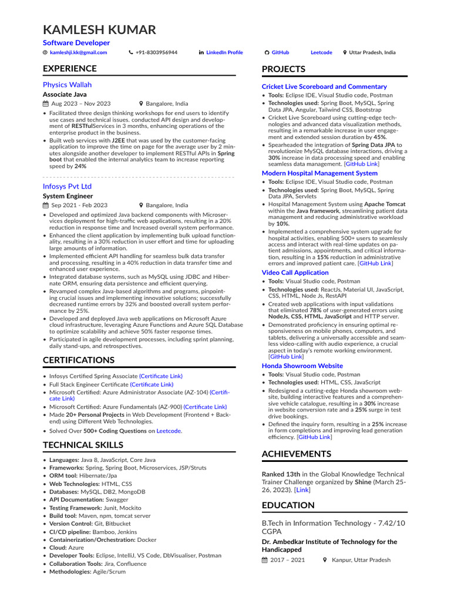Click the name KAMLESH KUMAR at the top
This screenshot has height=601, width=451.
point(100,30)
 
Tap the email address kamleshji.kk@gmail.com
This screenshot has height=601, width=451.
point(78,52)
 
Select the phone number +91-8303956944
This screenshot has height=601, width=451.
point(156,52)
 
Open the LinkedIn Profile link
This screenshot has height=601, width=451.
point(224,52)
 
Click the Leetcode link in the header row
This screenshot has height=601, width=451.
point(321,52)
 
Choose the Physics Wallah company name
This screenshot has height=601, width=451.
point(67,85)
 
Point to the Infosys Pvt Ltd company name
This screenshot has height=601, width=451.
point(67,186)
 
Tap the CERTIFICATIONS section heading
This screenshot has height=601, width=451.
point(79,360)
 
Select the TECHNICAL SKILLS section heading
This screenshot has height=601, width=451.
point(83,445)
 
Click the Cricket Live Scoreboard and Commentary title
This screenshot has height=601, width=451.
point(324,86)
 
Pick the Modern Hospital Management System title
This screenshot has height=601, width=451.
point(319,173)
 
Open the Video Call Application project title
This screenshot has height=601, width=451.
point(295,272)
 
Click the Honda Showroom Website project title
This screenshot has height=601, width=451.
point(302,366)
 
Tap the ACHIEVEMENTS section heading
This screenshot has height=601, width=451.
point(297,454)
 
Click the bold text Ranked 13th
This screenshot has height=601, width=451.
point(281,474)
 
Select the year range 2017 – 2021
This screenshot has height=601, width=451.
point(288,560)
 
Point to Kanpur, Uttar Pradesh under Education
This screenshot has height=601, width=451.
point(361,560)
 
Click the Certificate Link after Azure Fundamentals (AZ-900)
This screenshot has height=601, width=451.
point(205,406)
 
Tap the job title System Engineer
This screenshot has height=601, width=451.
point(68,196)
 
